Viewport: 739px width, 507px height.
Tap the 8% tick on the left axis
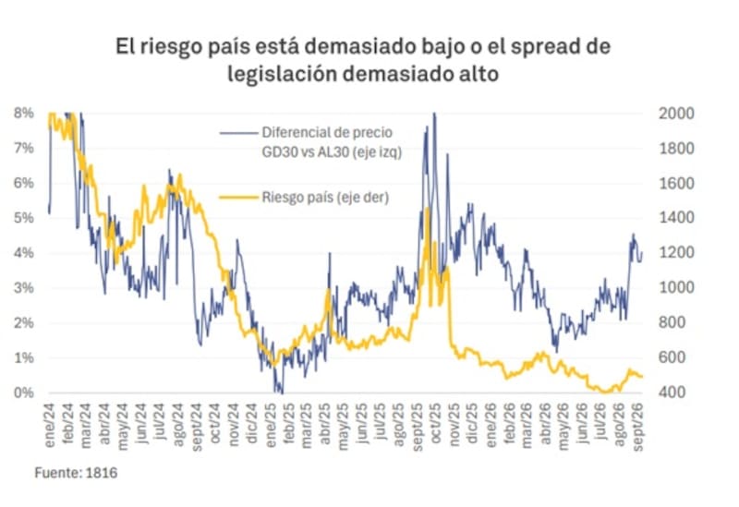click(24, 113)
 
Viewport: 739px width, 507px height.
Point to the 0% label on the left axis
click(24, 392)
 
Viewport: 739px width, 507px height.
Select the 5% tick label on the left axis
click(24, 218)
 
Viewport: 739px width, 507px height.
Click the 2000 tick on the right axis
click(676, 114)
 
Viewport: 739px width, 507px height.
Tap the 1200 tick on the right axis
click(676, 252)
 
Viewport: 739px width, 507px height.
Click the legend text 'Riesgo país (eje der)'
click(325, 197)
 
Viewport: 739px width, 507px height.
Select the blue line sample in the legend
click(239, 133)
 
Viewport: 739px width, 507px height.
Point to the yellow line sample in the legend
click(239, 197)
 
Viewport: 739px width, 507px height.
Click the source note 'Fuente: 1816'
click(76, 473)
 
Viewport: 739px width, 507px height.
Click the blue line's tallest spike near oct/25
click(434, 114)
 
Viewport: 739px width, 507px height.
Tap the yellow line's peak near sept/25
click(427, 209)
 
